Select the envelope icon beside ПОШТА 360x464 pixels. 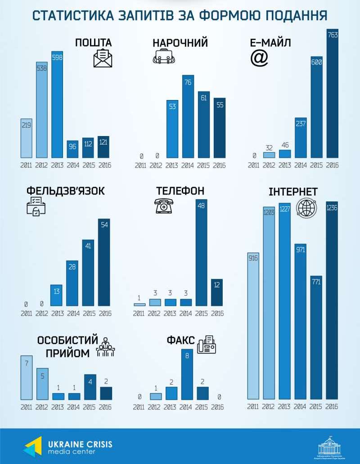[x=103, y=58]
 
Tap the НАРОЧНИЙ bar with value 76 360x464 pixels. [x=188, y=117]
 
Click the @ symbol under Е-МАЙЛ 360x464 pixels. [x=259, y=58]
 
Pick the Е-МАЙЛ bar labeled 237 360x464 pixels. [x=301, y=137]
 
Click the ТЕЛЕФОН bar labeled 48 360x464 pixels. [x=202, y=253]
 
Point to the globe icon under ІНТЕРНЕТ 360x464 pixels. [x=306, y=209]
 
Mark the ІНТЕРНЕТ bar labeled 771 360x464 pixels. [x=317, y=337]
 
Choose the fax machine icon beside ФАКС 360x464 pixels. [x=207, y=345]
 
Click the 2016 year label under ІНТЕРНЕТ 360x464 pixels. [x=332, y=407]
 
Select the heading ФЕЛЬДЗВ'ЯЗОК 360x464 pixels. [x=66, y=191]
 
